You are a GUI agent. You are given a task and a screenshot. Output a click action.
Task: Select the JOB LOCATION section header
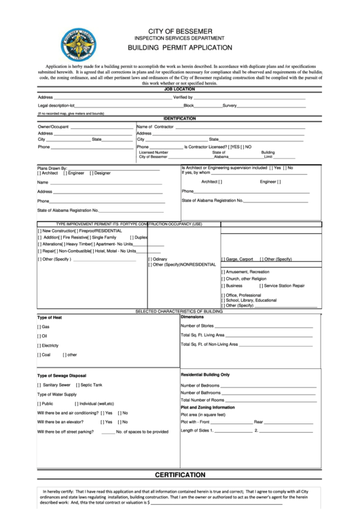click(179, 89)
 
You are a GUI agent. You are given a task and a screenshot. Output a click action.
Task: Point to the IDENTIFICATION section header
click(179, 118)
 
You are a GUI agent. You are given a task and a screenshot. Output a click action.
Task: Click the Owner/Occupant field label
click(53, 127)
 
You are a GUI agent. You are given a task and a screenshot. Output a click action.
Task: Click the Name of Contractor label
click(155, 127)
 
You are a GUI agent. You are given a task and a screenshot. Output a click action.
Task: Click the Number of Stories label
click(197, 326)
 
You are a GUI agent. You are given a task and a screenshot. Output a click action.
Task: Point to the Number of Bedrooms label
click(200, 385)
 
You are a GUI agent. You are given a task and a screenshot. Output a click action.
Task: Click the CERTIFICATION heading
click(180, 474)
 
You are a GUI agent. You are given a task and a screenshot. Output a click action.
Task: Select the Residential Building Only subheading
click(205, 374)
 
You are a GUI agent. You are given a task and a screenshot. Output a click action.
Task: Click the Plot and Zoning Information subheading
click(207, 407)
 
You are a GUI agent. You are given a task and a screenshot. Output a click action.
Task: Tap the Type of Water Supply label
click(57, 394)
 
